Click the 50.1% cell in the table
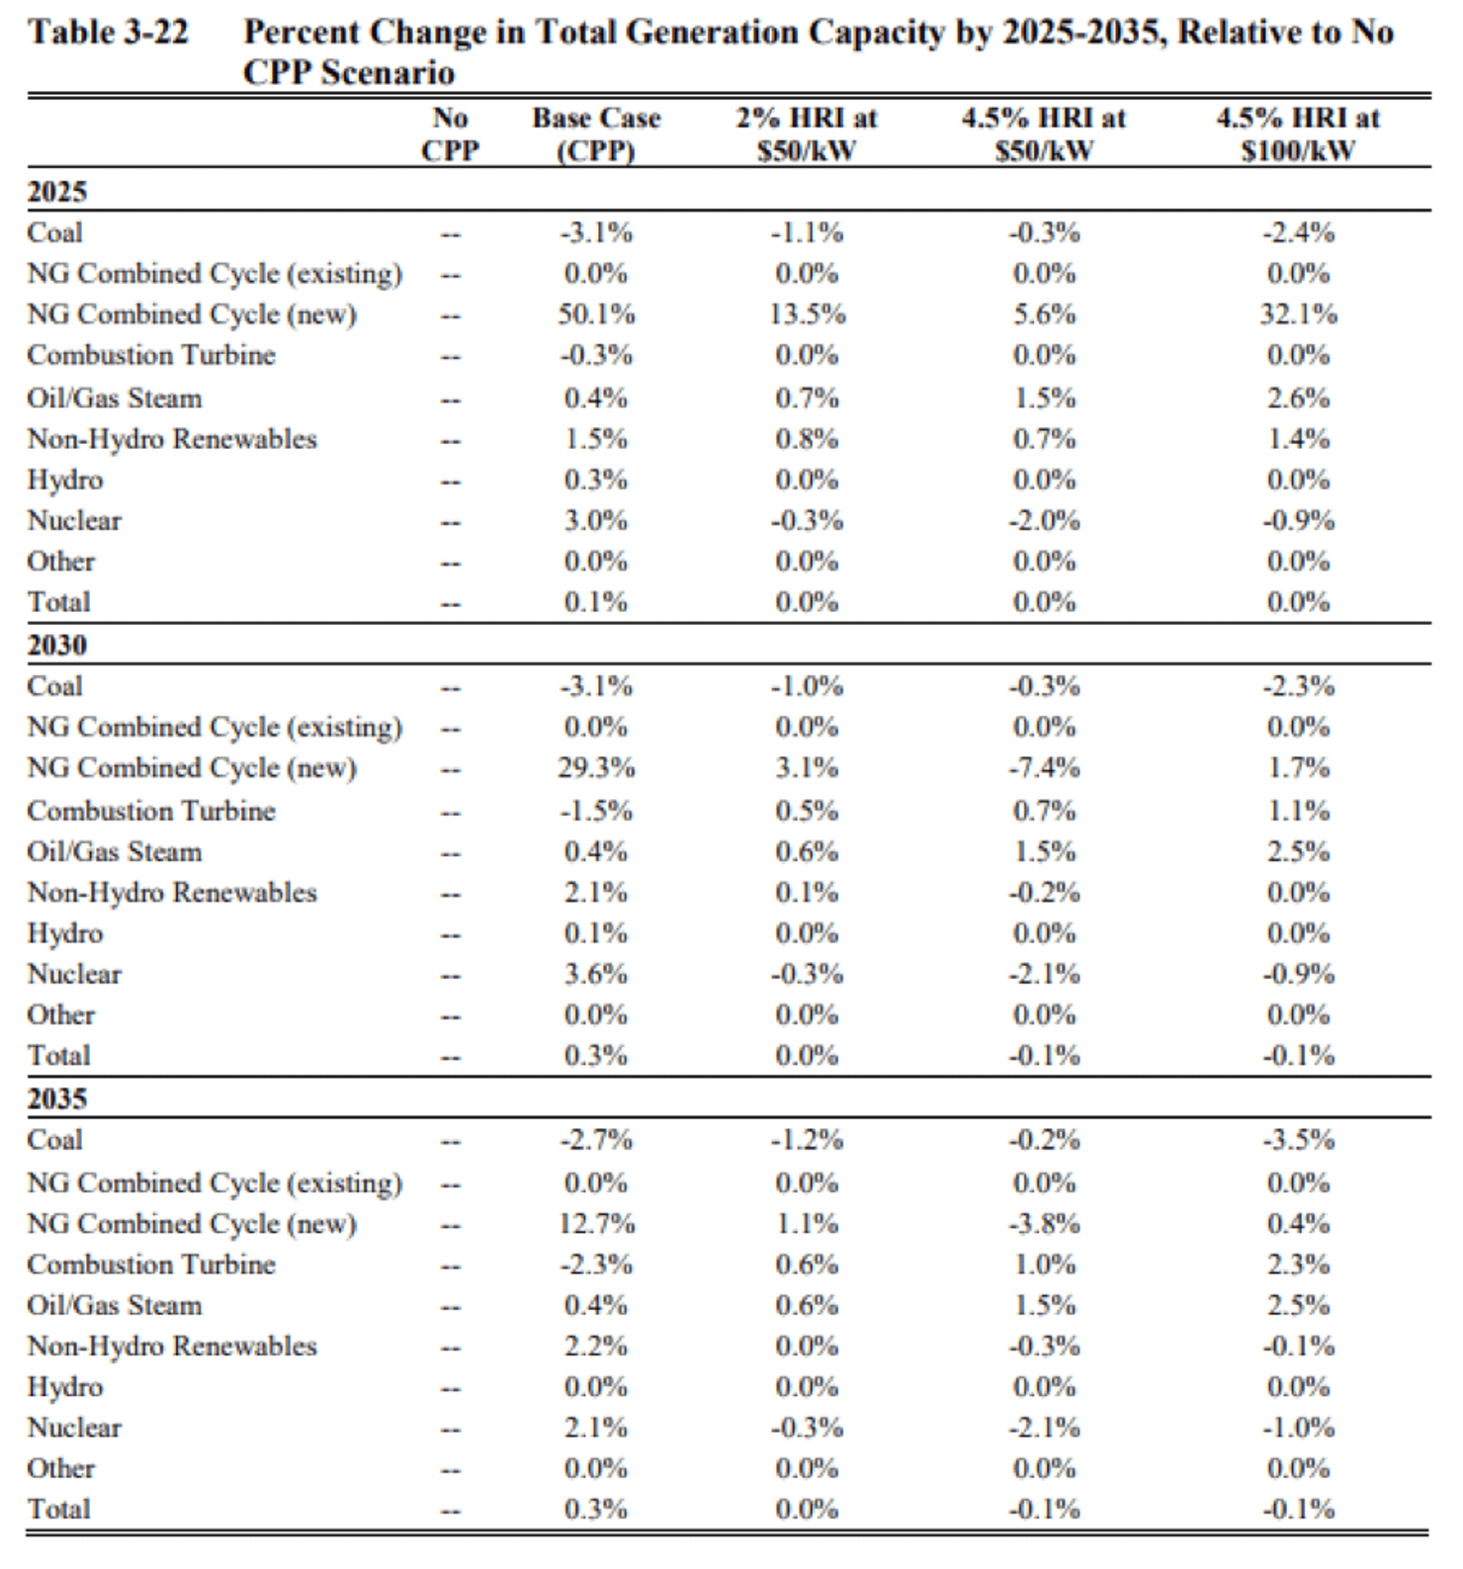(x=595, y=314)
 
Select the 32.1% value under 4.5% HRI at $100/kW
(x=1298, y=314)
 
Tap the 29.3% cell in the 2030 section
(x=595, y=768)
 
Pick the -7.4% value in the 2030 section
(x=1044, y=768)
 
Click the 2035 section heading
(x=57, y=1098)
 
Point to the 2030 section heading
(x=57, y=645)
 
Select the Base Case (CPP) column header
(x=595, y=134)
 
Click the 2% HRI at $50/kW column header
(x=807, y=134)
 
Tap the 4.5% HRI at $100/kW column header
(x=1298, y=134)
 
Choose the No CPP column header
(x=450, y=134)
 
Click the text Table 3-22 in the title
(x=108, y=33)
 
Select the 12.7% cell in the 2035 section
(x=595, y=1224)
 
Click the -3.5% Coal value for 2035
(x=1298, y=1140)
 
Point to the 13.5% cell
(x=807, y=314)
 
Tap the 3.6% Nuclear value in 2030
(x=595, y=974)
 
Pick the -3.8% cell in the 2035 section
(x=1044, y=1224)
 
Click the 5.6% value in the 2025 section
(x=1044, y=314)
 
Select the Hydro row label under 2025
(x=65, y=480)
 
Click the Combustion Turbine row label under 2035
(x=151, y=1264)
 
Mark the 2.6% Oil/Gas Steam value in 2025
(x=1298, y=398)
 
